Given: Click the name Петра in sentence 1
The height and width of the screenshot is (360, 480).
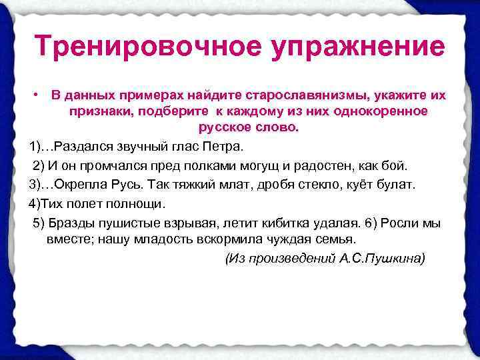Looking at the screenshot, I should pos(227,146).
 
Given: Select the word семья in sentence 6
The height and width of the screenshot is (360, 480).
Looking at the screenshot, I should pos(333,239).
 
